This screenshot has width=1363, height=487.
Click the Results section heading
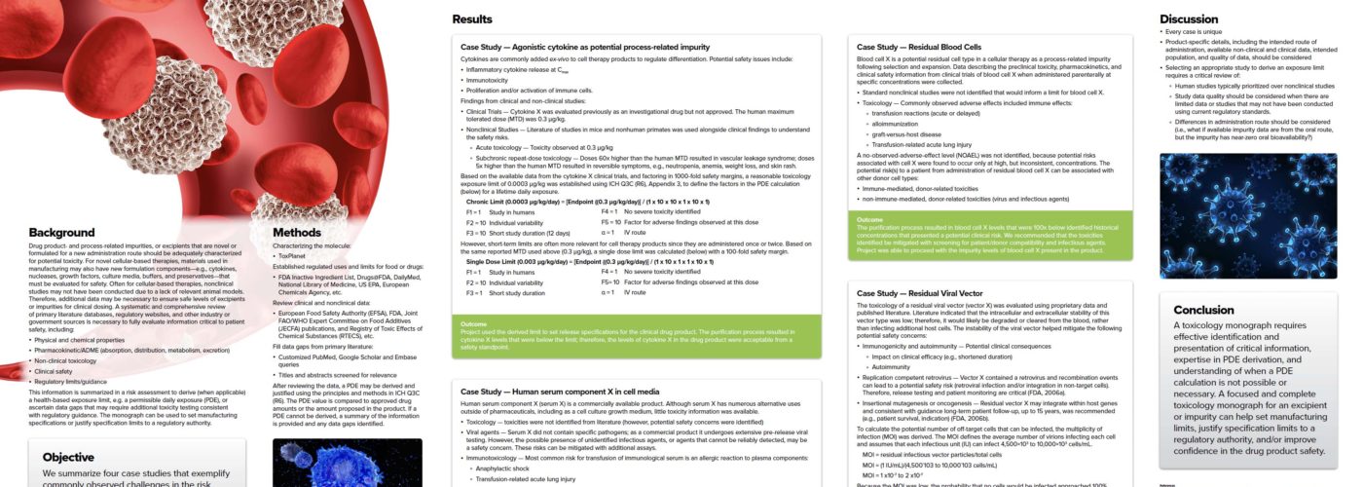point(472,19)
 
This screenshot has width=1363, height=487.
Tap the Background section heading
point(60,233)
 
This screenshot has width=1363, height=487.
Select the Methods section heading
point(296,233)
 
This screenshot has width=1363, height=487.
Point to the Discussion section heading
point(1190,19)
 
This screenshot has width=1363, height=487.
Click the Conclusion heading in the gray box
point(1204,310)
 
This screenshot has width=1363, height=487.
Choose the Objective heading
point(68,457)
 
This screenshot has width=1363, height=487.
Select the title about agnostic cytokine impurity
point(585,47)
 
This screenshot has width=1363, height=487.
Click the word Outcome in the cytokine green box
point(473,323)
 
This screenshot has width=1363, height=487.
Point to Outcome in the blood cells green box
point(869,220)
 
